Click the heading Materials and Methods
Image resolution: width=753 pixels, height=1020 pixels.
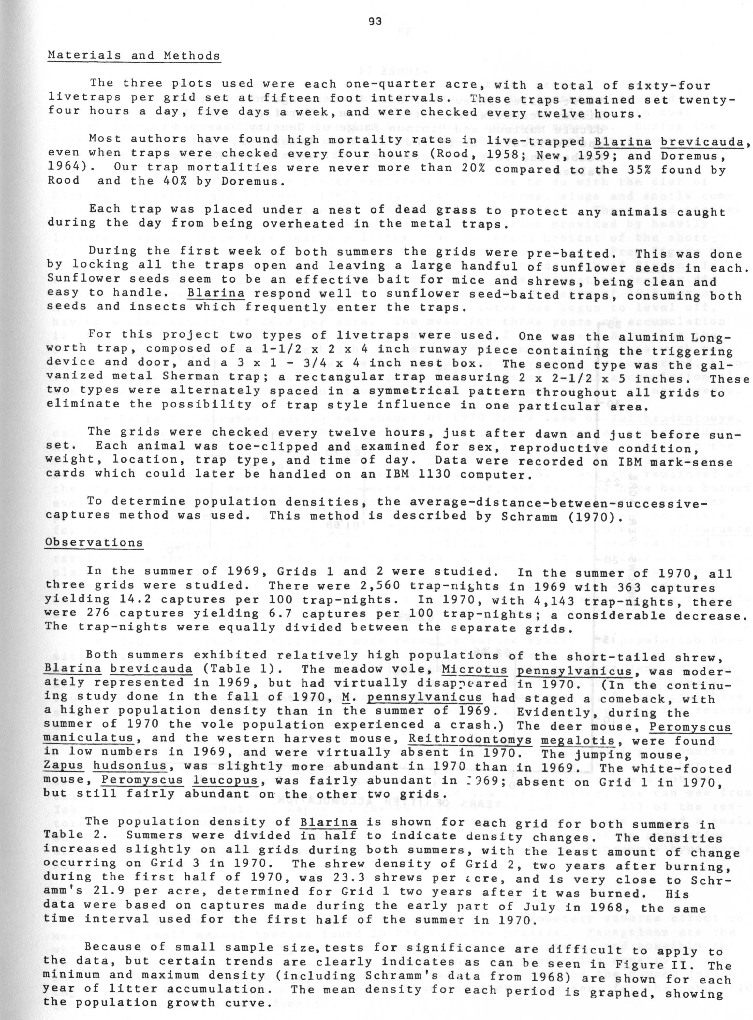[x=134, y=56]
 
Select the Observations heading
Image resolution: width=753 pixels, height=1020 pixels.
[x=95, y=542]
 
